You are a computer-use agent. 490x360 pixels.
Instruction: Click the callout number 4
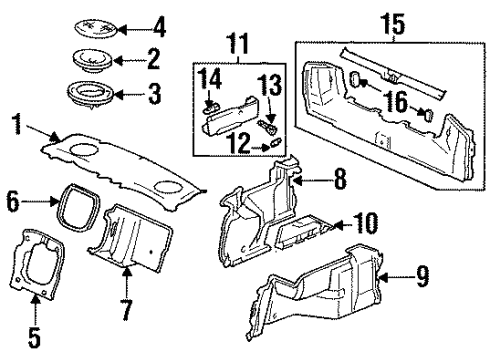(x=159, y=28)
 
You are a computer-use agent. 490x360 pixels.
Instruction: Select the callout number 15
(x=393, y=23)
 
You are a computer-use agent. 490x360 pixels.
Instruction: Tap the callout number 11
(x=238, y=43)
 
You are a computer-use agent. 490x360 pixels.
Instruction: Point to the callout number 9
(x=422, y=277)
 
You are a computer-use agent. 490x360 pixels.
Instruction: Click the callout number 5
(x=34, y=337)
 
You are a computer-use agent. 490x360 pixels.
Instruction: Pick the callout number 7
(x=127, y=310)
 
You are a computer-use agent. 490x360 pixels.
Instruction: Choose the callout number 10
(x=365, y=223)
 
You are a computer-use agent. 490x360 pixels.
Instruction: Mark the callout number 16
(x=396, y=101)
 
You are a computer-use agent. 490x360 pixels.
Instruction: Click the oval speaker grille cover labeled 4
(x=96, y=28)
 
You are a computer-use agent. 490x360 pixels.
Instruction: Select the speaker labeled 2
(x=93, y=61)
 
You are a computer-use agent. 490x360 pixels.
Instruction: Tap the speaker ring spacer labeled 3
(x=91, y=95)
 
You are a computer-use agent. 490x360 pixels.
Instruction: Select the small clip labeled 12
(x=276, y=142)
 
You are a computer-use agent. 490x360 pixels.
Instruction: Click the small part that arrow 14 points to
(x=211, y=108)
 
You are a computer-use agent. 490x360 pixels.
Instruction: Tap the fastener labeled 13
(x=267, y=127)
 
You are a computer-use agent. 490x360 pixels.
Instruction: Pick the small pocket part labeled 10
(x=303, y=232)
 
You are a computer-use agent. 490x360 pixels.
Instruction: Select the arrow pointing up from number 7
(x=127, y=282)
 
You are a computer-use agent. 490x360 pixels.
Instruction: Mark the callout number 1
(x=17, y=123)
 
